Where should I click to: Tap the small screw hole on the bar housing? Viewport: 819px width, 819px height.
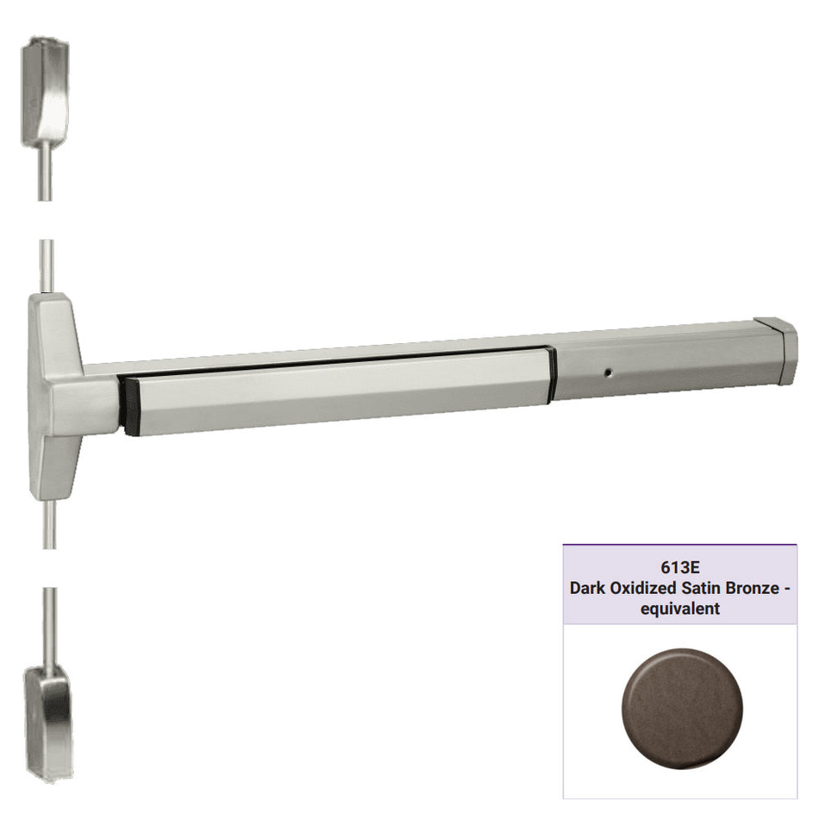[609, 375]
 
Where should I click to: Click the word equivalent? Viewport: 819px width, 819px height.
[680, 609]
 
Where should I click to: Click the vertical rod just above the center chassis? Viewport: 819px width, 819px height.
[47, 267]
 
